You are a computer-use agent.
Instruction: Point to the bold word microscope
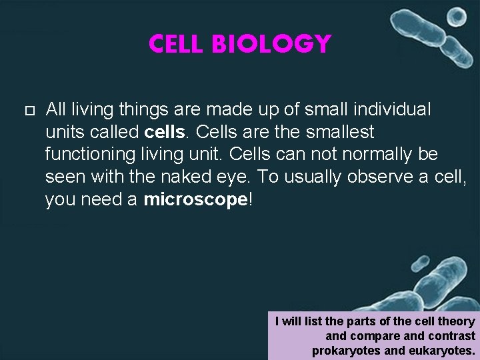(x=195, y=200)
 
